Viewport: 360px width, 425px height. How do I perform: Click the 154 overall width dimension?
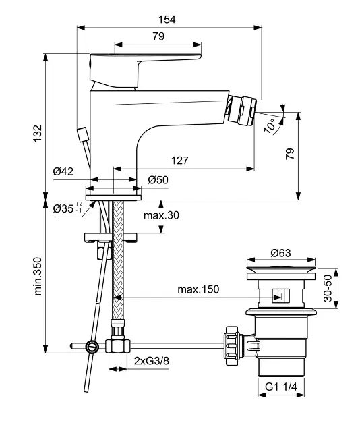pos(167,20)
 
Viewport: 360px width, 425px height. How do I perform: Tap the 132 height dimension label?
pos(38,133)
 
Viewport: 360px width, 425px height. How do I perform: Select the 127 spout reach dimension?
pos(179,160)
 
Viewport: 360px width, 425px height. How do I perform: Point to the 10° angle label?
pos(270,126)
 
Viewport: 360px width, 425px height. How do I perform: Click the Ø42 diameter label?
pos(63,171)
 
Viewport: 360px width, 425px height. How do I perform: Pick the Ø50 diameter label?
pos(158,179)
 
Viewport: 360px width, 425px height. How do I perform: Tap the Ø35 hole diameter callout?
pos(67,208)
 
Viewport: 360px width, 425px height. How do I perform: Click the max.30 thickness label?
pos(161,215)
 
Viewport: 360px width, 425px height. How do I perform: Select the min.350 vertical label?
pos(38,276)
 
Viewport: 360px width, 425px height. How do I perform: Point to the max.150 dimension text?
pos(198,289)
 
